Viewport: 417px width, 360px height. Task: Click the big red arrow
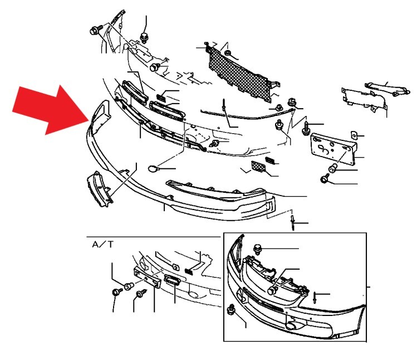[x=51, y=109]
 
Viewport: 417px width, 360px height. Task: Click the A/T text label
[x=102, y=244]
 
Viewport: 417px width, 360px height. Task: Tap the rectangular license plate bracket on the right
[x=333, y=148]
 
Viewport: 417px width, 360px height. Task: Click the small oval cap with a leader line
[x=153, y=168]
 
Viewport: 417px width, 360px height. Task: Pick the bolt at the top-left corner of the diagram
[x=96, y=30]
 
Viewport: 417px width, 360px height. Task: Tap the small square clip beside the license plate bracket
[x=354, y=135]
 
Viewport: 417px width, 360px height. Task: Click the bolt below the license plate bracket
[x=325, y=178]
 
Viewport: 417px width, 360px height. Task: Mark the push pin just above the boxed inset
[x=293, y=223]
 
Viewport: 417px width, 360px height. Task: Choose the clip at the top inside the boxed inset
[x=258, y=249]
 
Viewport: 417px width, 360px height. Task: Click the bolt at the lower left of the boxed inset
[x=231, y=310]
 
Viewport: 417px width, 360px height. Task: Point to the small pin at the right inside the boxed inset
[x=315, y=298]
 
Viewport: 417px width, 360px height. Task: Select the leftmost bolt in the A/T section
[x=117, y=293]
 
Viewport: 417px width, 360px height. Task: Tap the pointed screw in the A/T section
[x=141, y=294]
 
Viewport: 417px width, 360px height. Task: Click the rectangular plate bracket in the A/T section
[x=147, y=277]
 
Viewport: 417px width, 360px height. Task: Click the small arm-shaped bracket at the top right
[x=387, y=89]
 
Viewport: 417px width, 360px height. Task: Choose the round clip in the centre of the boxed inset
[x=272, y=290]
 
